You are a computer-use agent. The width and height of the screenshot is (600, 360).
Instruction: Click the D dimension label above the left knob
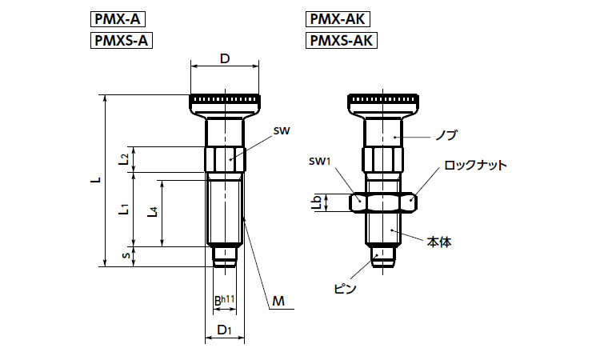coord(225,59)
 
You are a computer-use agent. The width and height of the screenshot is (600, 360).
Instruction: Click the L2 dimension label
coord(125,158)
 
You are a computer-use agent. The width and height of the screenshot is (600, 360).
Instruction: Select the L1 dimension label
coord(125,210)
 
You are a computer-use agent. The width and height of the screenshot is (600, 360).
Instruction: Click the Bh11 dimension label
coord(224,301)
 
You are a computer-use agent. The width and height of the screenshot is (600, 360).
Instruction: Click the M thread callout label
coord(278,301)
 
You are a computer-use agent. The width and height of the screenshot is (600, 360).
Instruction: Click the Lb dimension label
coord(317,203)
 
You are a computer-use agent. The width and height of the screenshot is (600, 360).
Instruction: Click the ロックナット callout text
coord(475,165)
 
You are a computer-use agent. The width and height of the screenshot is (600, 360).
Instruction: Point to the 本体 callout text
coord(439,240)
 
